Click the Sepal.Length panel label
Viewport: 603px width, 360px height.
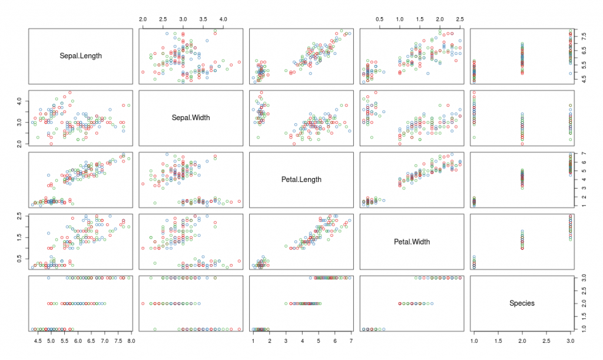click(x=81, y=56)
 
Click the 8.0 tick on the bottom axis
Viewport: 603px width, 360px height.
click(x=131, y=341)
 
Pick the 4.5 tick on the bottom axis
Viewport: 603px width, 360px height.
click(x=37, y=341)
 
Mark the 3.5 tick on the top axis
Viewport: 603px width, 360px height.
click(x=204, y=19)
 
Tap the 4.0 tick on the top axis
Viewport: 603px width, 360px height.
click(x=224, y=19)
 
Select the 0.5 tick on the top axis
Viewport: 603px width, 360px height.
click(x=380, y=19)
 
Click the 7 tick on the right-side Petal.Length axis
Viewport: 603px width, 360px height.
click(x=582, y=153)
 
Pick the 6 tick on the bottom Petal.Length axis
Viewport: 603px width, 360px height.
click(x=334, y=341)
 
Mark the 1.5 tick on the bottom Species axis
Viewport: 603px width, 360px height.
click(x=498, y=341)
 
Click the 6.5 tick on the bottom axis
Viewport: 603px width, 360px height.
click(x=91, y=341)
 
